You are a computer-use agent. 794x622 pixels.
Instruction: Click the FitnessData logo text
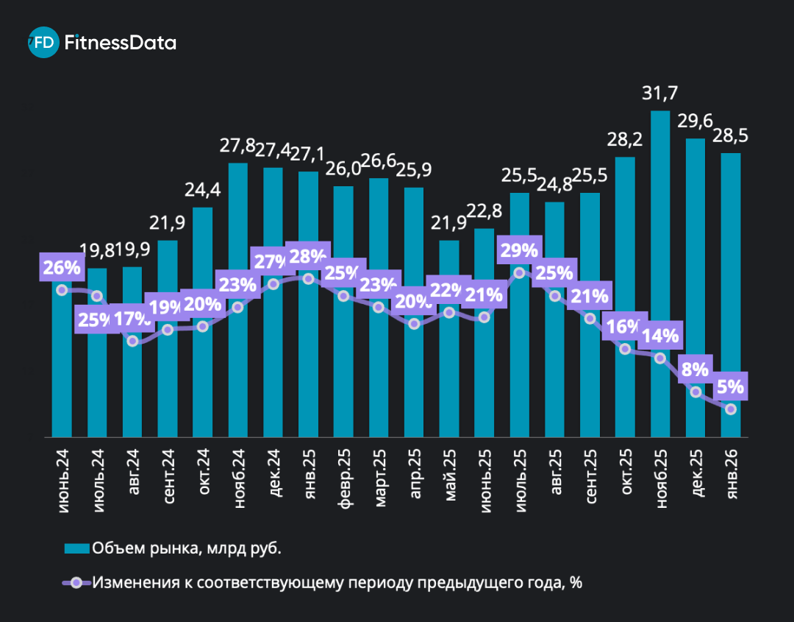tap(121, 43)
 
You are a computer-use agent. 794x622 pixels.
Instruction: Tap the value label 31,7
tap(659, 93)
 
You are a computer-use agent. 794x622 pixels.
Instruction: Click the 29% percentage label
tap(519, 251)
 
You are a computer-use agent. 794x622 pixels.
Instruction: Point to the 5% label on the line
tap(730, 386)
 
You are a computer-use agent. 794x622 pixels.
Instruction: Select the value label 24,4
tap(203, 191)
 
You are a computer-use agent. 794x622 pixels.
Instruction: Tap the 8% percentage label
tap(695, 369)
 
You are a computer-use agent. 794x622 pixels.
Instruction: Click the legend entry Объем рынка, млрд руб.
tap(187, 548)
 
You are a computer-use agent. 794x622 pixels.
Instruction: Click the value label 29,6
tap(695, 122)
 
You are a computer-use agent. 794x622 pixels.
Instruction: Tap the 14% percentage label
tap(659, 336)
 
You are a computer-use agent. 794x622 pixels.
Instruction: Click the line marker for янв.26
tap(730, 409)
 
